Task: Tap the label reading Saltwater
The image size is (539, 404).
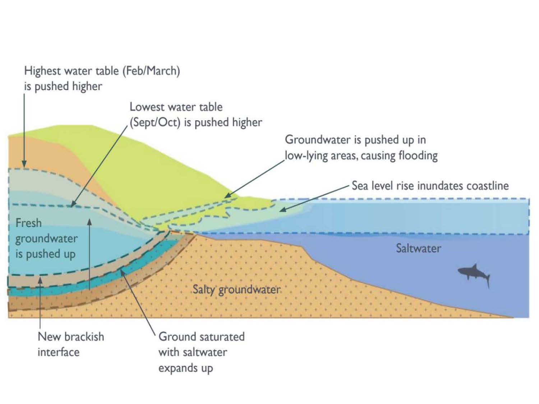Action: [x=418, y=249]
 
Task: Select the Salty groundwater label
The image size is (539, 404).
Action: [x=236, y=290]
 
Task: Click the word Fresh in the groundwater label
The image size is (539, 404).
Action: [x=28, y=223]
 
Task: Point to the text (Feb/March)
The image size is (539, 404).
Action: [x=151, y=71]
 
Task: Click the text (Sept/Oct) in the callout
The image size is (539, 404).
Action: [x=155, y=122]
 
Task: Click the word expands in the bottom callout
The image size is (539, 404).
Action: [x=177, y=368]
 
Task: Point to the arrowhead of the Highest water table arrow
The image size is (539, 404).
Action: [x=24, y=164]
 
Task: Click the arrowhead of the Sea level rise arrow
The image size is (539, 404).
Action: [x=283, y=210]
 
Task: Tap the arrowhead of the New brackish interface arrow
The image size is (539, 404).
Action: [x=40, y=280]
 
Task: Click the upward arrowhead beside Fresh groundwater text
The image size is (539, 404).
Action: [x=89, y=222]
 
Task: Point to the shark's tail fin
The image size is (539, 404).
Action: [x=487, y=280]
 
